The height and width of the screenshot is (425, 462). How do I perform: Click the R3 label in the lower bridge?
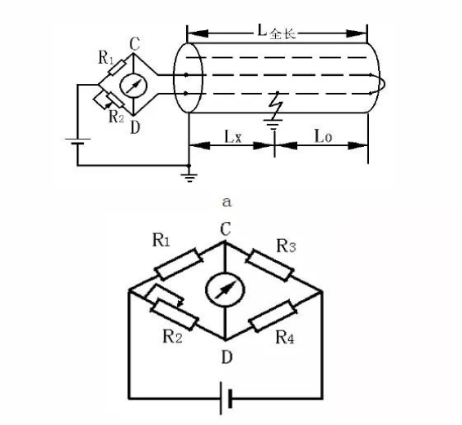tap(287, 246)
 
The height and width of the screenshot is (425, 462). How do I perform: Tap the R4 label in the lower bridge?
tap(285, 337)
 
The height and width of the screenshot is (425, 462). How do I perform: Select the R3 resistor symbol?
tap(269, 265)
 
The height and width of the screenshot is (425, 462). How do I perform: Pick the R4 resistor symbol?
tap(273, 316)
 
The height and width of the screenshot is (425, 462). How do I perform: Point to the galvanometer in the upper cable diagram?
tap(133, 85)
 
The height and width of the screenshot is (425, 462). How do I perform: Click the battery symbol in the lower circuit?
tap(226, 399)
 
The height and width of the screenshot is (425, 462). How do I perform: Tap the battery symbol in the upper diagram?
tap(78, 141)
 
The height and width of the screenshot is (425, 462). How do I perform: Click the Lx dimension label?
tap(233, 137)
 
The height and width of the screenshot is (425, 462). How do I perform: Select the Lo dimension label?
tap(323, 136)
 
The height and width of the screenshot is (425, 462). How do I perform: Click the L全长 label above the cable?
tap(277, 32)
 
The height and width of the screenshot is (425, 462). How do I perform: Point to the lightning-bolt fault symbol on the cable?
tap(276, 104)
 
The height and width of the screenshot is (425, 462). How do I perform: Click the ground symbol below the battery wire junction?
tap(189, 177)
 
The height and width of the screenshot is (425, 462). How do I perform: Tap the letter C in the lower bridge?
tap(226, 229)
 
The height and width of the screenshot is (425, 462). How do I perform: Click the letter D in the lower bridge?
tap(226, 357)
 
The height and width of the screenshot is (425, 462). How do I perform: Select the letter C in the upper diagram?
tap(135, 44)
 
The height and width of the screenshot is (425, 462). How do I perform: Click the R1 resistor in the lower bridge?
tap(179, 264)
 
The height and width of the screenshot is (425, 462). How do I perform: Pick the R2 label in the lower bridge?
tap(172, 336)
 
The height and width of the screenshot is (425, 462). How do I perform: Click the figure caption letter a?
tap(227, 202)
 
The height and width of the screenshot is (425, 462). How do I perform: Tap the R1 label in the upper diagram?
tap(105, 57)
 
